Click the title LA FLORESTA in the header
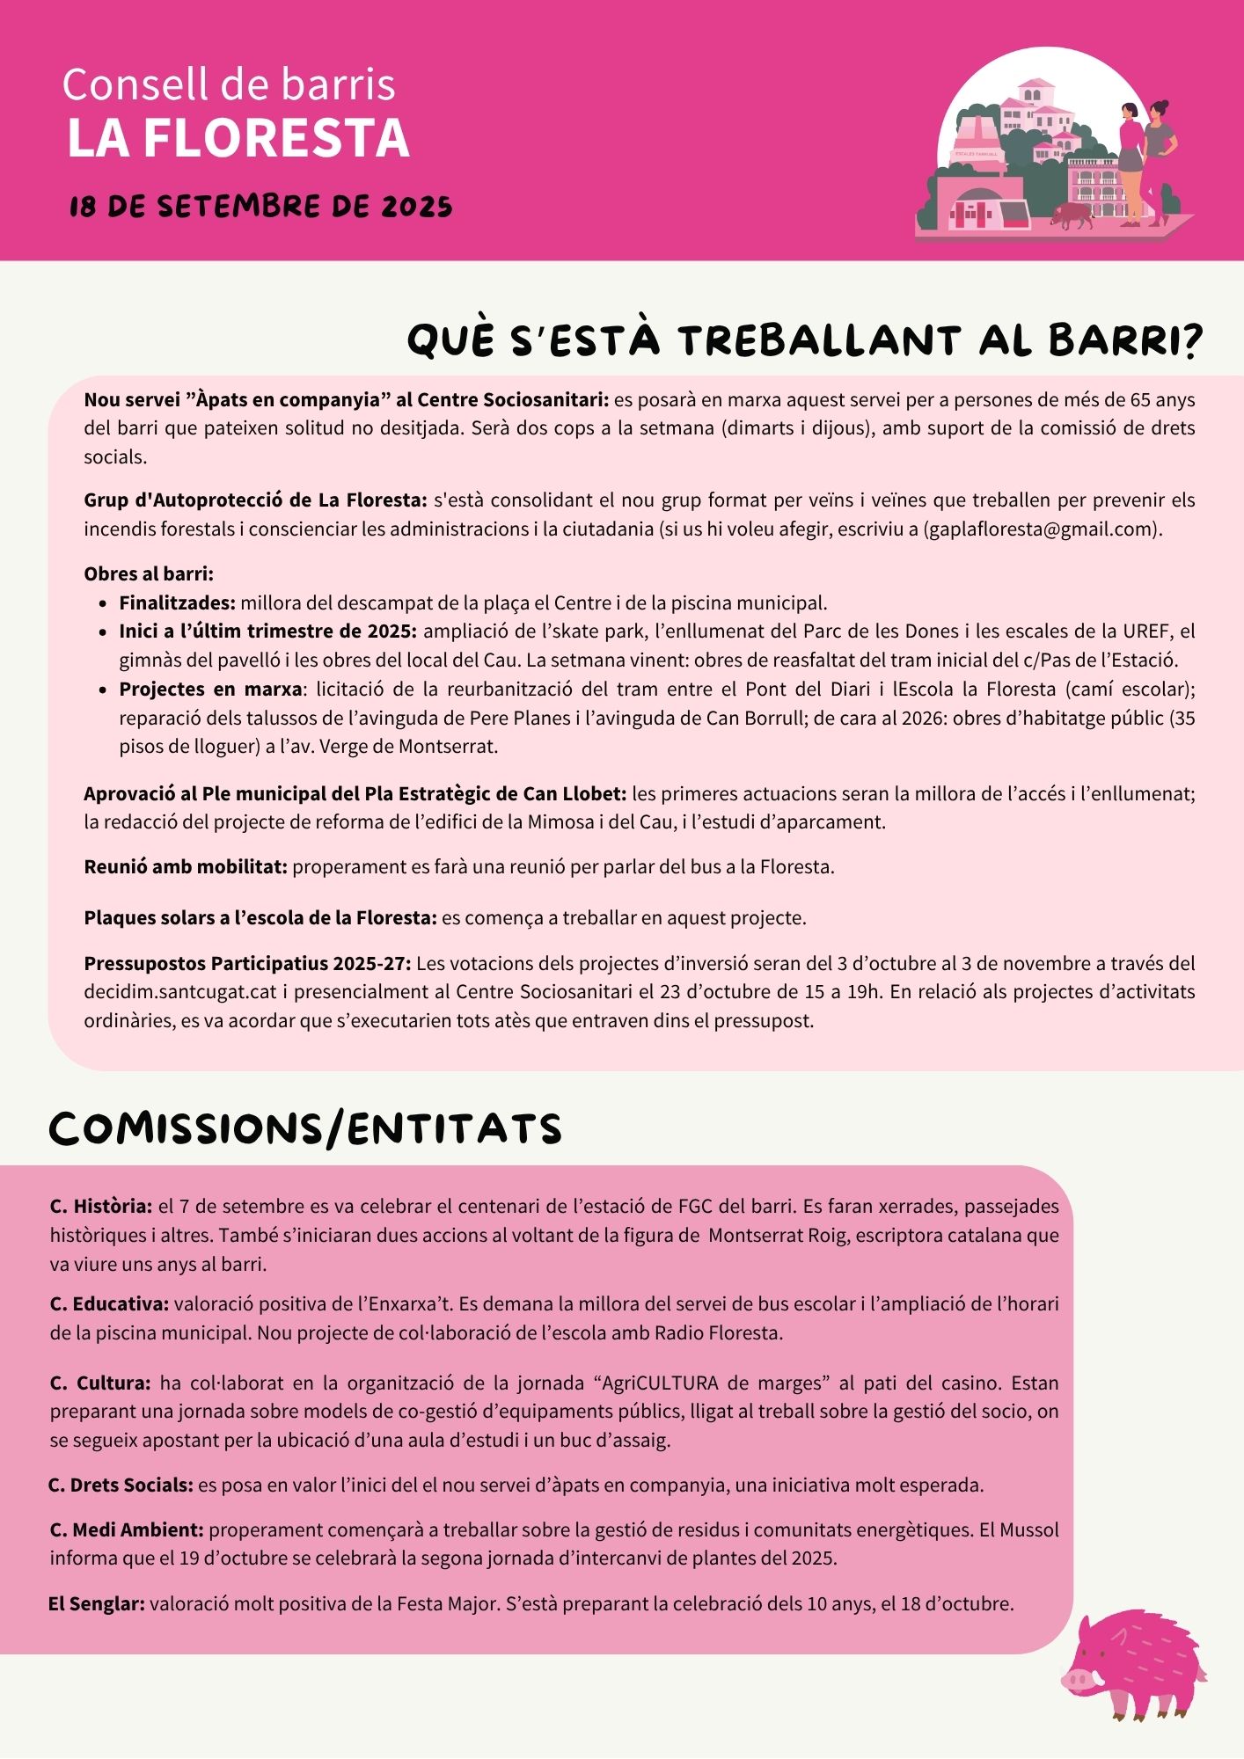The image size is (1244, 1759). pos(238,138)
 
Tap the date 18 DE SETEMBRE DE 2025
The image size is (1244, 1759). pos(260,207)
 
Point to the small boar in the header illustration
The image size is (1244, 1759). pos(1072,215)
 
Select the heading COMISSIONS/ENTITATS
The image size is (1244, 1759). pos(305,1128)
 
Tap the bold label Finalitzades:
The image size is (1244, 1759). pos(178,602)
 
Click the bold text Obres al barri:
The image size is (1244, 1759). pos(149,573)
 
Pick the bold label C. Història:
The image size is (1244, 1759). pos(101,1206)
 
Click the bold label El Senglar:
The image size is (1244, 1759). pos(97,1603)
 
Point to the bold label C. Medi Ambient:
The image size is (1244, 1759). pos(127,1529)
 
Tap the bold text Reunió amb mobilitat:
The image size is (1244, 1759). pos(186,866)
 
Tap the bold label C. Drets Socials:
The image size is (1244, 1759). pos(121,1485)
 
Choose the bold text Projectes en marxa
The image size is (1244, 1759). pos(211,688)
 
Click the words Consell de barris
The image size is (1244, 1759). pos(229,84)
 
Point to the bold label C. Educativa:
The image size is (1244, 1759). pos(109,1303)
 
